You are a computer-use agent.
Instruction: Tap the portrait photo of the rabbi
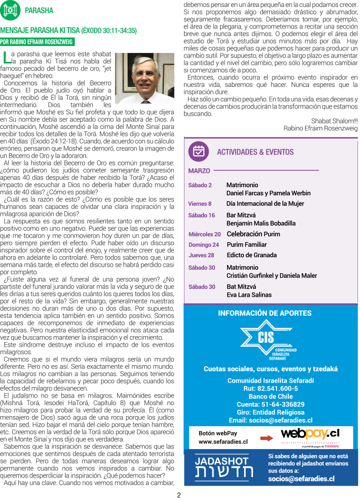(144, 78)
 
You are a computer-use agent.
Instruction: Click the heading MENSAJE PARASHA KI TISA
(68, 30)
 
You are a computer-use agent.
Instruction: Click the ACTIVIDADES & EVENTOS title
(255, 152)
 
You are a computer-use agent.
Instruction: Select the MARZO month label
(199, 171)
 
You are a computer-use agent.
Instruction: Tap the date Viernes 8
(199, 204)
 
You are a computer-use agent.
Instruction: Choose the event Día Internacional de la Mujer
(265, 204)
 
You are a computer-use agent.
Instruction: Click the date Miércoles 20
(204, 234)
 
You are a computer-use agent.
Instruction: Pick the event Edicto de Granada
(251, 255)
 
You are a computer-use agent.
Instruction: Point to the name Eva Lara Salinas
(249, 295)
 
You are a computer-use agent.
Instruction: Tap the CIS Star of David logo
(265, 341)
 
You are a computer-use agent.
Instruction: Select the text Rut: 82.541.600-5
(270, 388)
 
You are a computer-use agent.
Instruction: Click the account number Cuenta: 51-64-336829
(270, 404)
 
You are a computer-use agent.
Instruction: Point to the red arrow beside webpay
(266, 438)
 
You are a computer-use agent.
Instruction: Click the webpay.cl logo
(310, 434)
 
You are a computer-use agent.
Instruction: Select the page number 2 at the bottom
(179, 495)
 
